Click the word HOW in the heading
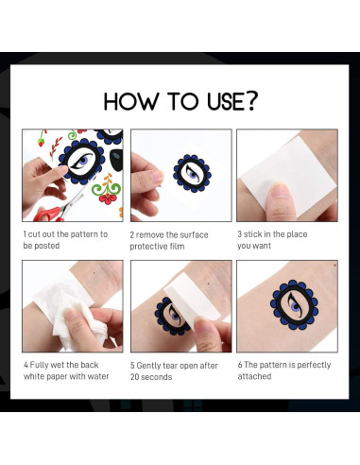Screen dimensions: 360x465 [131, 101]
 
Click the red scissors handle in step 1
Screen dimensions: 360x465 [46, 215]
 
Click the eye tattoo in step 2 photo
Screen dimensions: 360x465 [192, 173]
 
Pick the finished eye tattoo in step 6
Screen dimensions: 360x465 [294, 304]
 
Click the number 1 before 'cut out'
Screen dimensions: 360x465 [25, 234]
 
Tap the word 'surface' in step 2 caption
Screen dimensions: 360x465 [195, 235]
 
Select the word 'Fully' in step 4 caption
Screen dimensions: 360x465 [40, 365]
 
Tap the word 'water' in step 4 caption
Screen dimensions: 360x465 [98, 376]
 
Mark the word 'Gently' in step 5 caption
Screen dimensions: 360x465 [148, 366]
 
